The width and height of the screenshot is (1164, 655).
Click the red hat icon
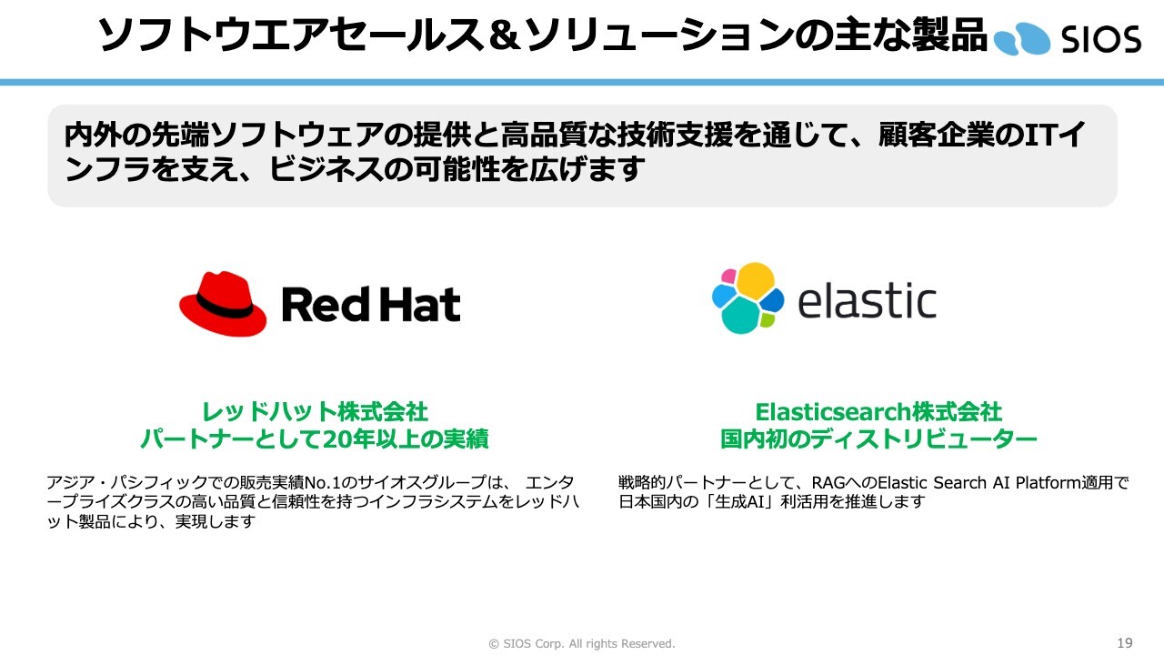223,303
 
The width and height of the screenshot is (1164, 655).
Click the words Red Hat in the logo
371,304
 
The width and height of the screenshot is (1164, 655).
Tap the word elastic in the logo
867,300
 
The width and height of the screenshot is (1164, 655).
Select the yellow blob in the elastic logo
756,281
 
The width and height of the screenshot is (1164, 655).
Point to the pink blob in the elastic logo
729,276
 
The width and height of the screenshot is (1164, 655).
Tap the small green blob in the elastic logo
767,319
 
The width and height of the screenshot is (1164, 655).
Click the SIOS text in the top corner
1101,39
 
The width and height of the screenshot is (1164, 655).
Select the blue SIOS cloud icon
1021,39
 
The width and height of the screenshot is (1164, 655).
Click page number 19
1125,642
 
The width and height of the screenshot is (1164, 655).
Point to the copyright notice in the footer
581,643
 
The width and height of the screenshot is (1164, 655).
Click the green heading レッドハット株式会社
315,412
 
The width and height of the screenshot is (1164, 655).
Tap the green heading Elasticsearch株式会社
878,412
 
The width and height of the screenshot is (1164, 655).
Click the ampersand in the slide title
504,35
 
